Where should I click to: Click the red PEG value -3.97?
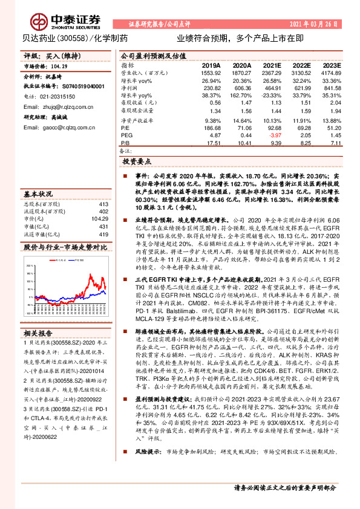point(273,137)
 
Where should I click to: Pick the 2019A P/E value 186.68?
point(210,129)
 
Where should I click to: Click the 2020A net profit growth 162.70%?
point(241,96)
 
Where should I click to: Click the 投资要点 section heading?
point(136,163)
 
